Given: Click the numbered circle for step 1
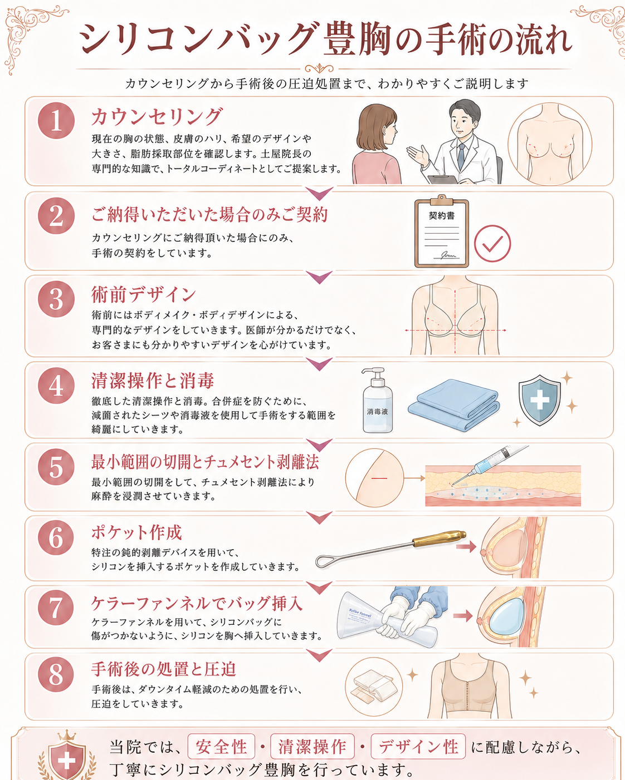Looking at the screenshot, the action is tap(56, 121).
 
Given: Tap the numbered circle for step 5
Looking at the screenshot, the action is tap(56, 467).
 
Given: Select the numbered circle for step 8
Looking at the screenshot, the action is tap(56, 674).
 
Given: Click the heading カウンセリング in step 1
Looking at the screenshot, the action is tap(156, 117).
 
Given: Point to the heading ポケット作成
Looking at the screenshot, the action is tap(136, 532).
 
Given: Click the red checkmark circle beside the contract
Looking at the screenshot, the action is tap(492, 244).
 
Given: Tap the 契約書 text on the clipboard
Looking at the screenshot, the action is tap(441, 216).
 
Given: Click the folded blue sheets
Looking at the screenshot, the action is tap(453, 405).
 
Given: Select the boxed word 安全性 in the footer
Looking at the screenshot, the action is tap(221, 746).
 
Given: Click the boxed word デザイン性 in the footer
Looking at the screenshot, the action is tap(418, 746).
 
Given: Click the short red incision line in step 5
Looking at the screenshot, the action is tap(379, 478).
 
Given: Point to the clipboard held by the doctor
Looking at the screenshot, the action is tap(443, 179).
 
